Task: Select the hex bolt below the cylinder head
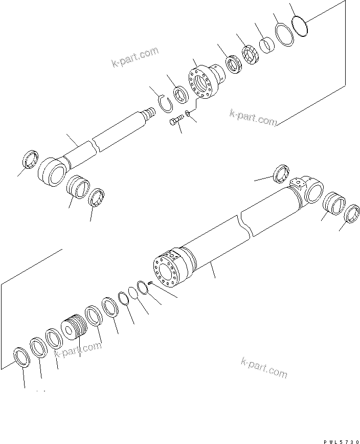[175, 122]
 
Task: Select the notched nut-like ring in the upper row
[249, 54]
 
